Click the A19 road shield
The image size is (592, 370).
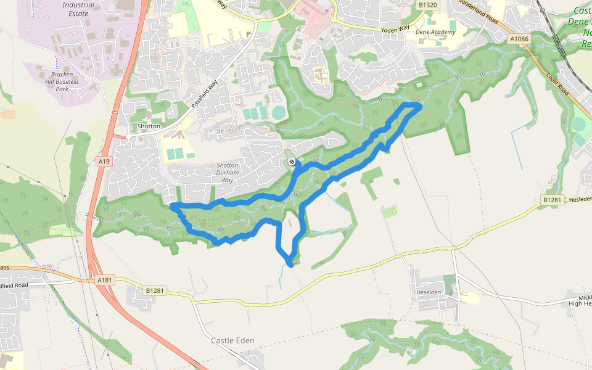[x=104, y=162]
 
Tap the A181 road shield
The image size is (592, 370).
[x=105, y=280]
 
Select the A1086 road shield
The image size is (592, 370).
[x=519, y=39]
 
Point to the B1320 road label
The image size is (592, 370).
[x=427, y=5]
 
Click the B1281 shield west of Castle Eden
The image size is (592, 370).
[x=156, y=289]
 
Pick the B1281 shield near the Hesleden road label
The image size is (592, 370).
[x=553, y=200]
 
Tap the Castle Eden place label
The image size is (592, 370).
[x=232, y=340]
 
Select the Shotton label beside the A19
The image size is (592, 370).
[x=149, y=126]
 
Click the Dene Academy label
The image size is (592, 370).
[x=435, y=32]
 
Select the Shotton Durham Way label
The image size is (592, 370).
[x=232, y=172]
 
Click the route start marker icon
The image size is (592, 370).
[x=292, y=162]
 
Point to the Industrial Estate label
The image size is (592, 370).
[x=78, y=9]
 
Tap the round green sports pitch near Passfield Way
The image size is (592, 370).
[x=279, y=113]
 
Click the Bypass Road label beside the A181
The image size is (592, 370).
[x=4, y=268]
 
